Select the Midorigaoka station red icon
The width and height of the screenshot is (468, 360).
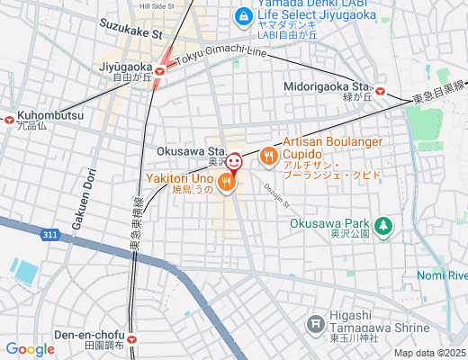click(381, 91)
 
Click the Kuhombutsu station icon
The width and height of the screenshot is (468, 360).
click(8, 118)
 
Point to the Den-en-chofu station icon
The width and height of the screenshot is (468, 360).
click(132, 340)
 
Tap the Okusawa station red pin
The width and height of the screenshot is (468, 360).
click(233, 162)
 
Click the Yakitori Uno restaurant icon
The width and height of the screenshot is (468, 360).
click(226, 182)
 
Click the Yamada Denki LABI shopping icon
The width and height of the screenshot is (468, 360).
click(242, 15)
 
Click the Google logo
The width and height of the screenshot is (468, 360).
click(30, 349)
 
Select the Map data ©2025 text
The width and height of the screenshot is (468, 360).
click(429, 353)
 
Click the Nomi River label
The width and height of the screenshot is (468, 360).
click(443, 274)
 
